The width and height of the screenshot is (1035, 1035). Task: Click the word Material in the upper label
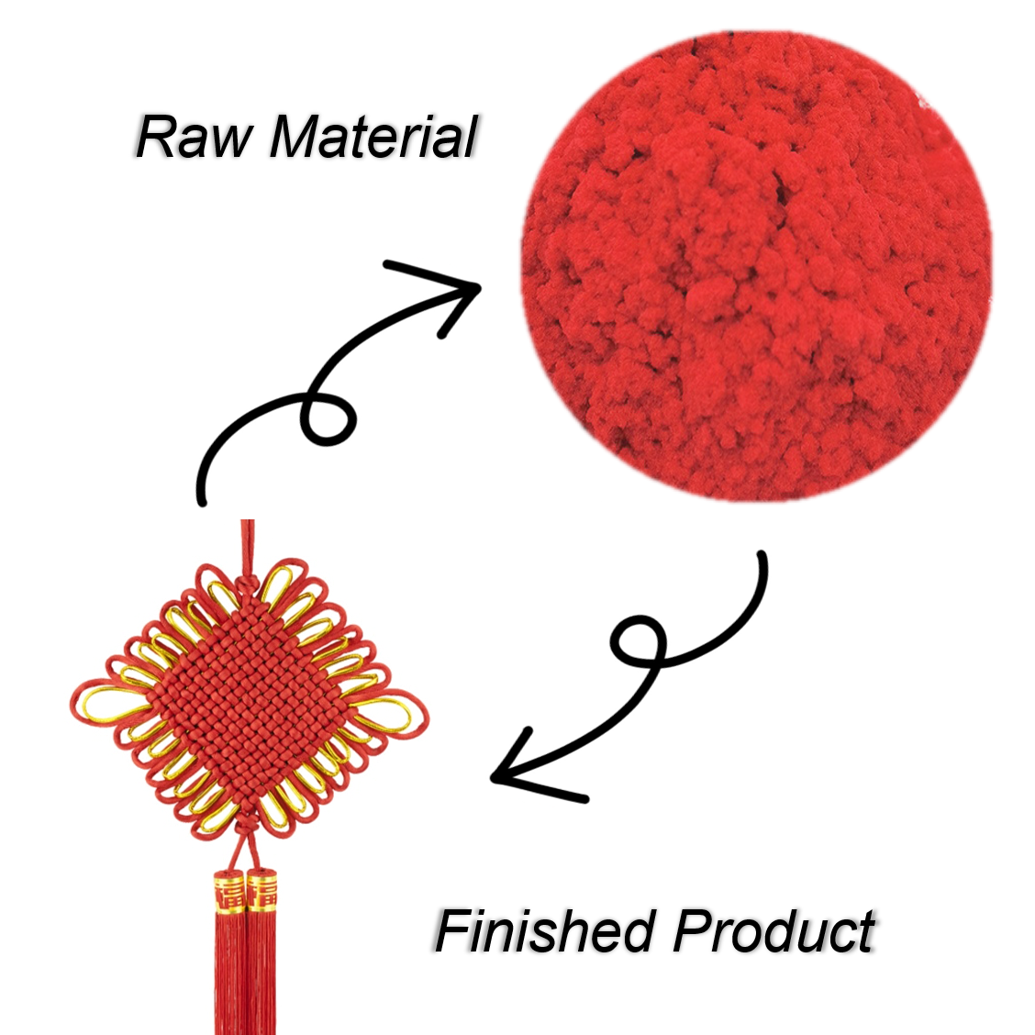click(x=373, y=137)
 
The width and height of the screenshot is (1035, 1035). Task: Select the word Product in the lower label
click(x=773, y=930)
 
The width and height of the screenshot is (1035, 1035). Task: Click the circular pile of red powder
click(x=756, y=266)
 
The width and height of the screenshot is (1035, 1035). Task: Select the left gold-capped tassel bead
click(x=229, y=892)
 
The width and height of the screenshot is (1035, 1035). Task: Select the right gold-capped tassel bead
click(x=262, y=890)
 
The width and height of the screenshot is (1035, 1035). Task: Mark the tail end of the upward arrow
click(x=202, y=502)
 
